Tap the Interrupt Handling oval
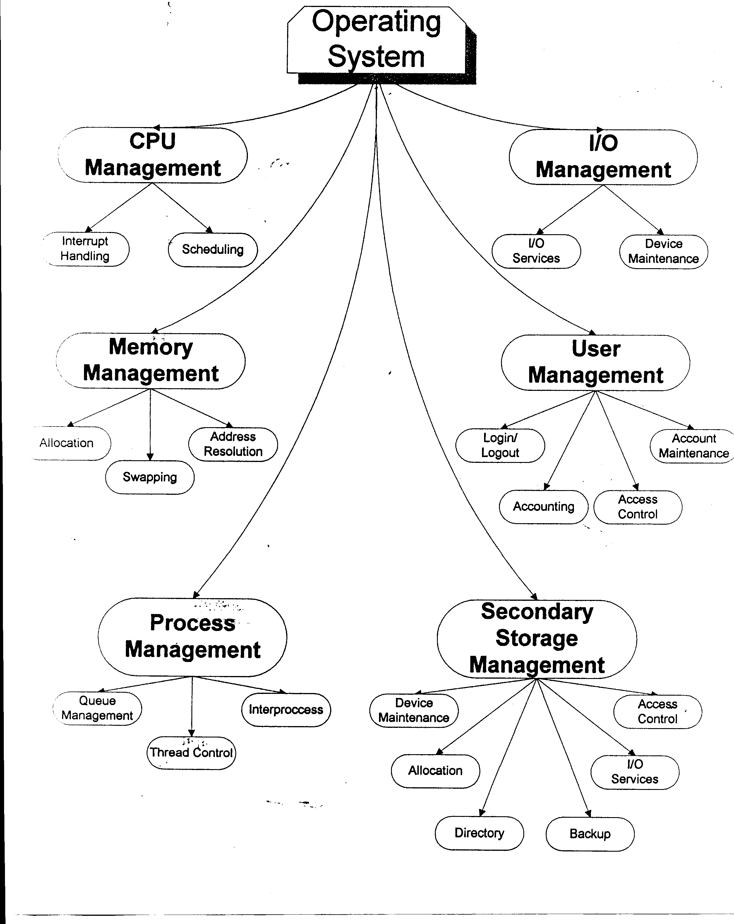(x=85, y=249)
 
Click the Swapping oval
(x=150, y=477)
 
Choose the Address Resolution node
(x=233, y=444)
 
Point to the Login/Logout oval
(x=500, y=445)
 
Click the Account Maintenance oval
(x=693, y=446)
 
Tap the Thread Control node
(x=191, y=752)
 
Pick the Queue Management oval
(x=97, y=708)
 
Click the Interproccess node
(x=286, y=710)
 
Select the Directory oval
(x=479, y=833)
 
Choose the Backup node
(x=590, y=834)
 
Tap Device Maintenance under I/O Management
(x=663, y=251)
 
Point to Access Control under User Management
(x=638, y=507)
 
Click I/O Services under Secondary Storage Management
(x=634, y=772)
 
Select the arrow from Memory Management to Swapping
(x=150, y=424)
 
